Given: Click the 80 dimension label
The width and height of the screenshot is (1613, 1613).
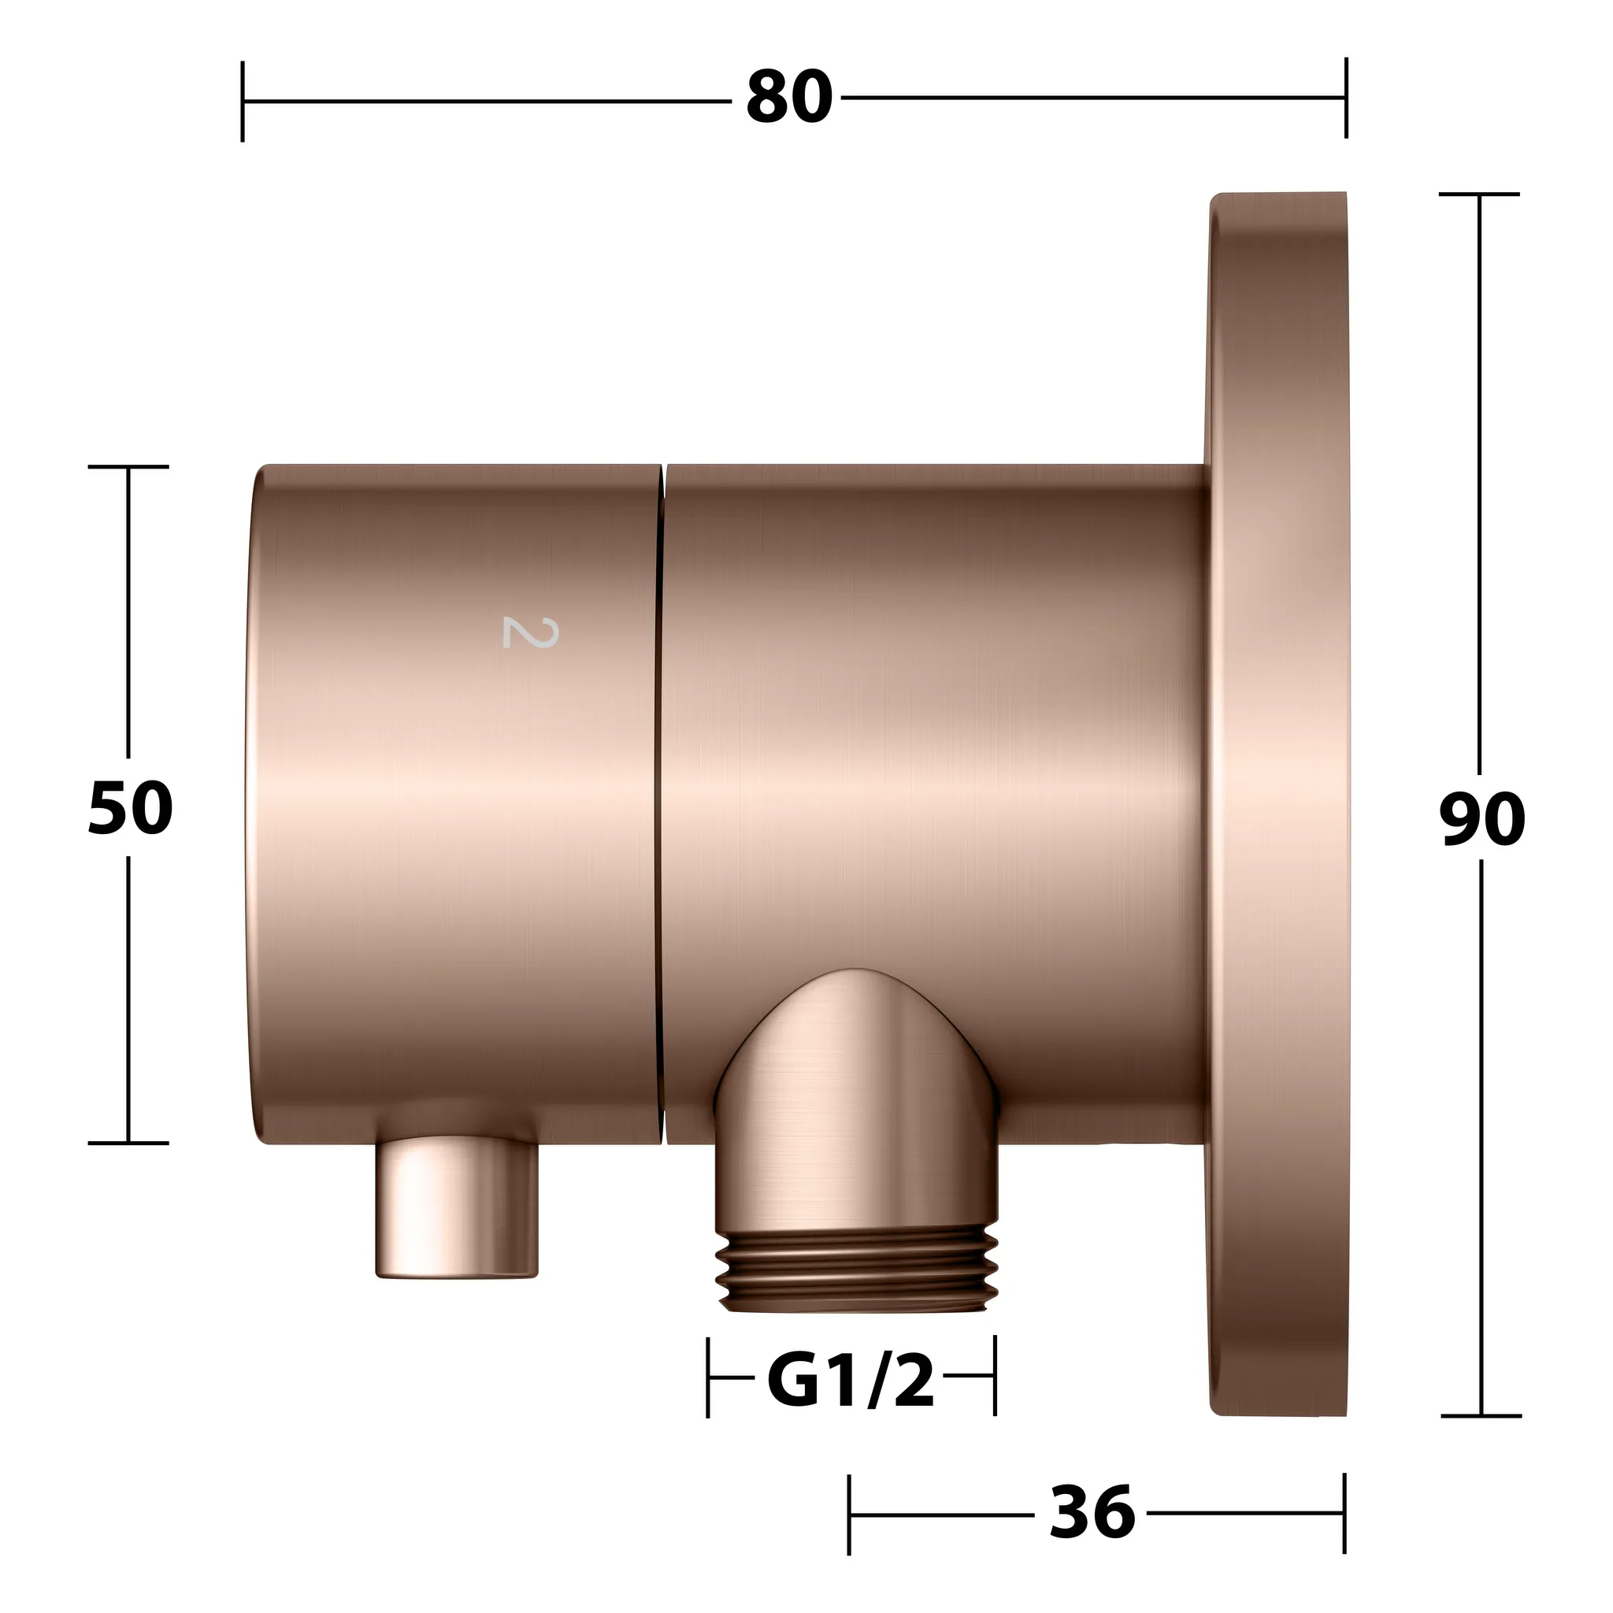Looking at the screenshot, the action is [x=789, y=98].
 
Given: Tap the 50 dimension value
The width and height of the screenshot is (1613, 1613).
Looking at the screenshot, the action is [x=130, y=808].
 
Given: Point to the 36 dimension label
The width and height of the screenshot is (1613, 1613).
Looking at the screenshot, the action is [x=1092, y=1511].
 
